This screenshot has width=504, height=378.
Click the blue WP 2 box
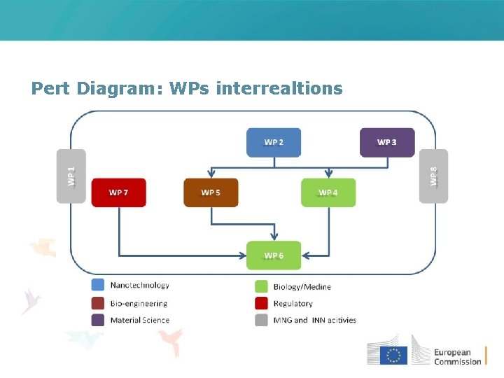pyautogui.click(x=274, y=142)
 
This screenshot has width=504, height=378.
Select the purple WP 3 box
pyautogui.click(x=386, y=142)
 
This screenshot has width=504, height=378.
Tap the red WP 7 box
pyautogui.click(x=118, y=192)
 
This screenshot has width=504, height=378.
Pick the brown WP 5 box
pyautogui.click(x=211, y=192)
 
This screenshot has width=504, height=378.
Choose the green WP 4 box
pyautogui.click(x=328, y=192)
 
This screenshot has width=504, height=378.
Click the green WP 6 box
pyautogui.click(x=274, y=255)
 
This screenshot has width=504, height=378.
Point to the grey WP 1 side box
pyautogui.click(x=71, y=176)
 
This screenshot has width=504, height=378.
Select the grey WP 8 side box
pyautogui.click(x=433, y=176)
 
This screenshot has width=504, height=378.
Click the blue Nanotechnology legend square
pyautogui.click(x=98, y=286)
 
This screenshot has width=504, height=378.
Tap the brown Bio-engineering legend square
pyautogui.click(x=98, y=303)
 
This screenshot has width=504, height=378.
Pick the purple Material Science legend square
pyautogui.click(x=98, y=320)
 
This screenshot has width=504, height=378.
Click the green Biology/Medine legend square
pyautogui.click(x=261, y=286)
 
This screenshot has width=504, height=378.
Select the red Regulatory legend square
pyautogui.click(x=261, y=303)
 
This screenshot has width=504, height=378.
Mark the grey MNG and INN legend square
pyautogui.click(x=261, y=320)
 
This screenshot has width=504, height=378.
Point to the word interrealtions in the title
pyautogui.click(x=280, y=89)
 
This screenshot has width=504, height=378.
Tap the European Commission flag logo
pyautogui.click(x=393, y=355)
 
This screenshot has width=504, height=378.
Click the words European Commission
pyautogui.click(x=458, y=357)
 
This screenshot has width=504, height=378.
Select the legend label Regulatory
pyautogui.click(x=293, y=304)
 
